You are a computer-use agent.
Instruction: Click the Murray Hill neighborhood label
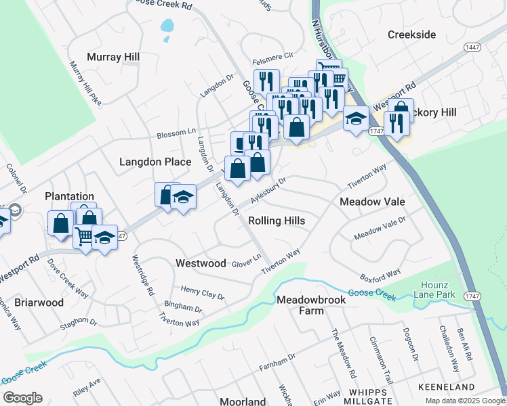point(113,58)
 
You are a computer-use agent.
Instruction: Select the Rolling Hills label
point(277,221)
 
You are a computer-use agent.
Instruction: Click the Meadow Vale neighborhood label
point(372,202)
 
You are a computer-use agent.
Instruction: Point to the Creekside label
point(411,34)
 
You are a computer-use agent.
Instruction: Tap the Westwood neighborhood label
point(201,263)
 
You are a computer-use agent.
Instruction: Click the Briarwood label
point(39,302)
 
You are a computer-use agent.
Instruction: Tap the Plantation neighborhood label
point(69,196)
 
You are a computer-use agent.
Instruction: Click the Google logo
point(22,397)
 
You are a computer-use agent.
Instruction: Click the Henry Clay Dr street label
point(202,292)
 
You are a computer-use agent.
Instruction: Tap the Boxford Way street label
point(380,277)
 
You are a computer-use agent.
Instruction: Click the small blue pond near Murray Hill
point(166,27)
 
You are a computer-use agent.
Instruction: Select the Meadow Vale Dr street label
point(380,227)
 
